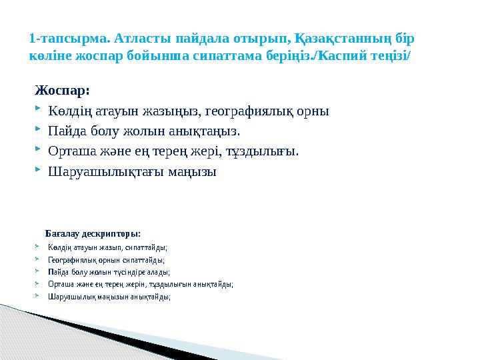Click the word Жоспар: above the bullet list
point(61,90)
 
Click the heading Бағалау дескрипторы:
point(93,233)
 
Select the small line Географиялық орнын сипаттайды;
point(106,260)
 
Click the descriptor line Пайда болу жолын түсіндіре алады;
point(109,272)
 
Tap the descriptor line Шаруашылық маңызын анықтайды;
point(109,297)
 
